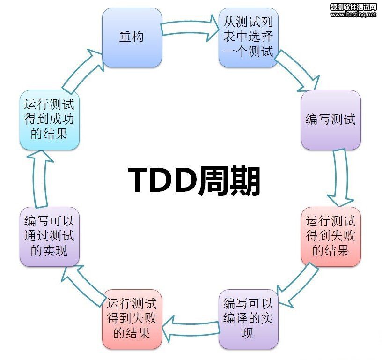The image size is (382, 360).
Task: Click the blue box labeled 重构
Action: click(x=132, y=37)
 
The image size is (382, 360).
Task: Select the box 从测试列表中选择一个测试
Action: click(x=249, y=37)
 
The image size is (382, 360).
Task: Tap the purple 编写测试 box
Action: click(x=331, y=120)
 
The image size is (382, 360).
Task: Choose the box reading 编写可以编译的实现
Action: click(x=249, y=319)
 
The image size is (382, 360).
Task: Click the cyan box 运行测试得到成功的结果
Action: click(x=50, y=120)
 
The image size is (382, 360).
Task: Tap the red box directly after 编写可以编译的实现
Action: click(x=132, y=319)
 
